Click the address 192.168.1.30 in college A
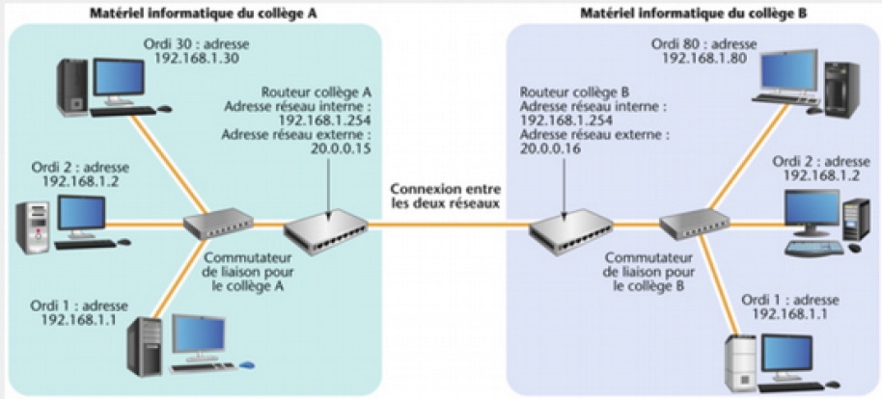point(190,59)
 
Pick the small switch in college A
point(216,226)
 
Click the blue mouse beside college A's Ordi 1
point(247,364)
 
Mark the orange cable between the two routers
point(450,227)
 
